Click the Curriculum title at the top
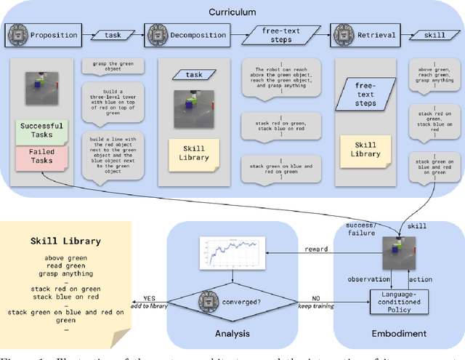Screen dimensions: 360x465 [232, 12]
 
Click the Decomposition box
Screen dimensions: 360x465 [188, 35]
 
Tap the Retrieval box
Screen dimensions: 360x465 [361, 35]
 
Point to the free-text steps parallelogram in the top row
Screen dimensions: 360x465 [278, 35]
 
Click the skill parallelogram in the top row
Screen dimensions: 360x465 [430, 35]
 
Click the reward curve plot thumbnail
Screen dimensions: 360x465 [231, 255]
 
